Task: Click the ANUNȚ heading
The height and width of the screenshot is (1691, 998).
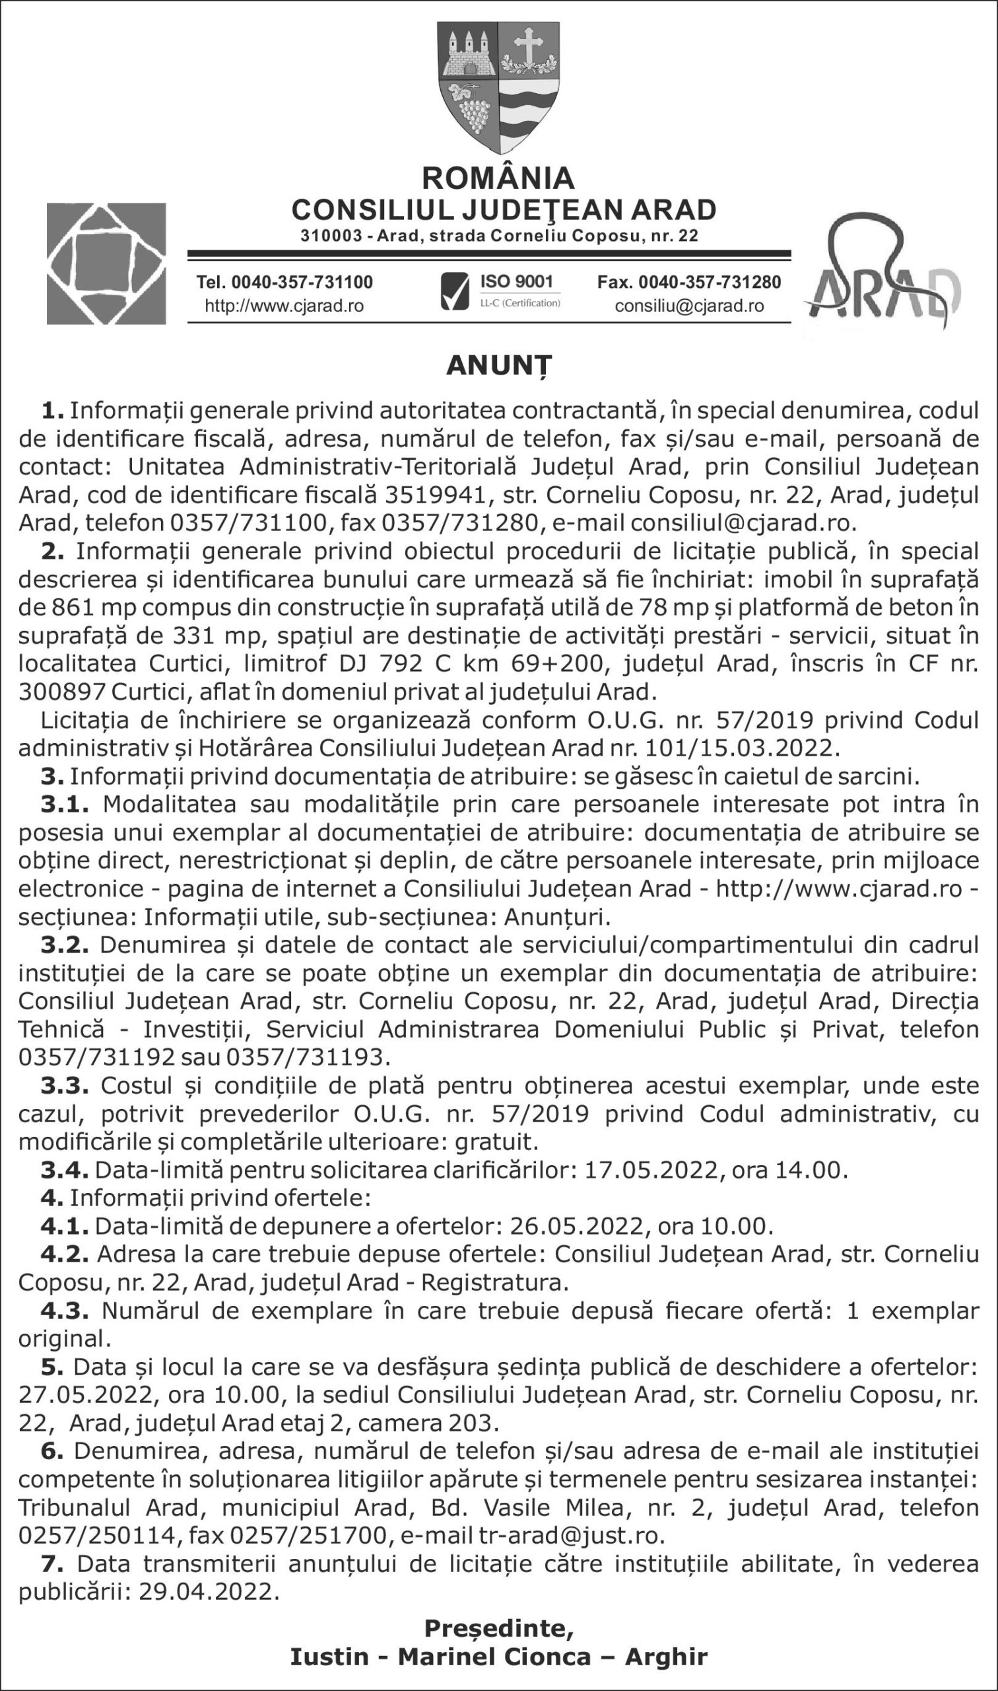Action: pyautogui.click(x=498, y=367)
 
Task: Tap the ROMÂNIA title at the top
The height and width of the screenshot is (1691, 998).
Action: pyautogui.click(x=498, y=178)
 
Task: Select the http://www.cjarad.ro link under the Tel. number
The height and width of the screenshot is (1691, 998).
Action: pyautogui.click(x=284, y=306)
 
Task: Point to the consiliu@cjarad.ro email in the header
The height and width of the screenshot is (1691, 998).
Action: pyautogui.click(x=689, y=306)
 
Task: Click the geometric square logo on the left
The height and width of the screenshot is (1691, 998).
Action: pyautogui.click(x=106, y=264)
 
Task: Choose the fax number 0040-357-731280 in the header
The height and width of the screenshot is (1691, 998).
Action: pyautogui.click(x=689, y=282)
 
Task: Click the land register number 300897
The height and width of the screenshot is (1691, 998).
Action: pyautogui.click(x=61, y=692)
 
